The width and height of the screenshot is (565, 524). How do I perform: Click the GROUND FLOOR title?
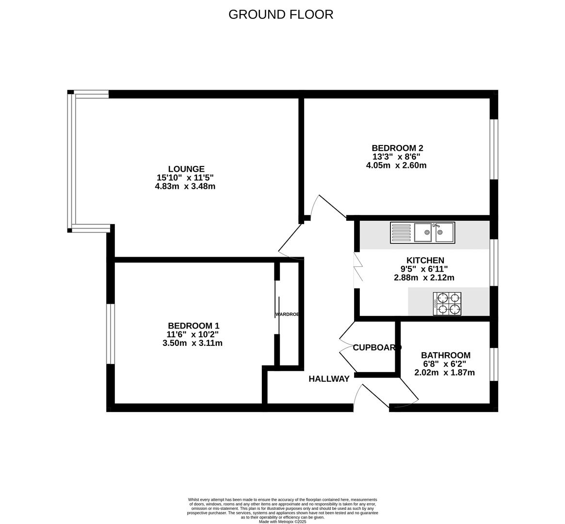[x=281, y=15]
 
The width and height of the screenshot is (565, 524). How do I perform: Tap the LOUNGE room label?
[x=186, y=169]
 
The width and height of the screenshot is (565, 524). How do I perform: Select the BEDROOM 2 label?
[x=394, y=148]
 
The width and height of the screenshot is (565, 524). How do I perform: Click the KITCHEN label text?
[x=425, y=261]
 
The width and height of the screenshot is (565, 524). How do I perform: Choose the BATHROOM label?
[x=445, y=355]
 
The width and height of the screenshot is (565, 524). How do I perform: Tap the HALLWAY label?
[x=329, y=379]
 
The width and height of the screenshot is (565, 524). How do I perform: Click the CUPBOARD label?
[x=377, y=347]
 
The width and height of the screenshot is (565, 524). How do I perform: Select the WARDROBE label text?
[x=287, y=314]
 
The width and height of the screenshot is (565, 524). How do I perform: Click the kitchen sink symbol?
[x=422, y=232]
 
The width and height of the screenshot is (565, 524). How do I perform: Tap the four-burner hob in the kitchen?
[x=447, y=303]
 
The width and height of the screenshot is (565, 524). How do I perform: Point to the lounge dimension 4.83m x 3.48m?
[x=185, y=186]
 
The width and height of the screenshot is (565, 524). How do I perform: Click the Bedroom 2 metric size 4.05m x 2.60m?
[x=396, y=165]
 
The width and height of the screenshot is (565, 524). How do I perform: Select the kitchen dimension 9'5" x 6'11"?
[x=420, y=269]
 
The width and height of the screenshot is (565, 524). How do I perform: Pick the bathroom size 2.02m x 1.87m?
[x=444, y=373]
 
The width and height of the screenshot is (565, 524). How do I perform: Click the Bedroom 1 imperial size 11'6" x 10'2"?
[x=193, y=334]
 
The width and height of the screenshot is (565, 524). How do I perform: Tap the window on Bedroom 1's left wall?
[x=111, y=333]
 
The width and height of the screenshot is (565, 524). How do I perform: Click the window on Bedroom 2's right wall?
[x=494, y=149]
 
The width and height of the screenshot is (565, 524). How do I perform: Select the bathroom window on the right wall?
[x=494, y=364]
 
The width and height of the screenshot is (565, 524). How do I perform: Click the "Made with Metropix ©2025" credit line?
[x=282, y=522]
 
